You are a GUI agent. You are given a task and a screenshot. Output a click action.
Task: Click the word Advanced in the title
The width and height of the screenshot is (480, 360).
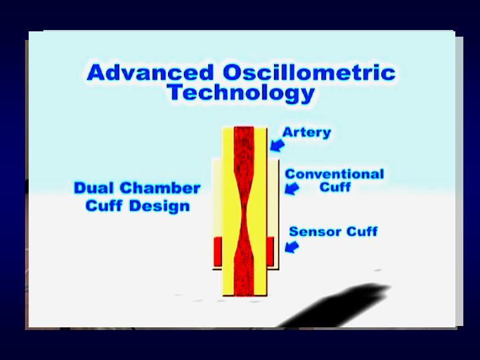[150, 72]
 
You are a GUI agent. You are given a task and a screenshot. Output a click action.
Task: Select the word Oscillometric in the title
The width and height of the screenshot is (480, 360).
[309, 72]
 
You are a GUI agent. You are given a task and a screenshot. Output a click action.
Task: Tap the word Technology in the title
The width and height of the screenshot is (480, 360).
[241, 93]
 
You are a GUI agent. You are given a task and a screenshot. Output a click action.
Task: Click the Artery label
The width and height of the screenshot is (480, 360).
[307, 132]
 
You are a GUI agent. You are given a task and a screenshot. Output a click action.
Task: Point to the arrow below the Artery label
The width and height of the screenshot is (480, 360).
[277, 145]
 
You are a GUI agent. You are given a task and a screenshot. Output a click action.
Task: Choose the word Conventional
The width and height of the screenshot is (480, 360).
[334, 174]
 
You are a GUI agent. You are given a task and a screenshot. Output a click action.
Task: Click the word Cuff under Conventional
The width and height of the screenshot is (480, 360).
[335, 187]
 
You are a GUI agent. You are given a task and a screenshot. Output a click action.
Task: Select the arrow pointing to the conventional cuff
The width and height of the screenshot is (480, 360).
[292, 188]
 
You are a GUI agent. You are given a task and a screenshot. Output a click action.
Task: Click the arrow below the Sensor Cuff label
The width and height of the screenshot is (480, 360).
[292, 247]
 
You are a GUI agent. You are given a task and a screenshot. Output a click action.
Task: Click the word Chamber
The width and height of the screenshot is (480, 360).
[160, 187]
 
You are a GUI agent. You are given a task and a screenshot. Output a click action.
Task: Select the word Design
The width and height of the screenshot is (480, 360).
[159, 206]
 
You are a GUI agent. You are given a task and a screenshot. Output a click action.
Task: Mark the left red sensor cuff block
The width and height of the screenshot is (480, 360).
[217, 251]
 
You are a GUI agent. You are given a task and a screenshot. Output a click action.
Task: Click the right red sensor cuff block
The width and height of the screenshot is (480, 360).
[270, 251]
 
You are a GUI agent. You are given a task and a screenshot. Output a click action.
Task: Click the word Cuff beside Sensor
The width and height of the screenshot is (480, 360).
[362, 231]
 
